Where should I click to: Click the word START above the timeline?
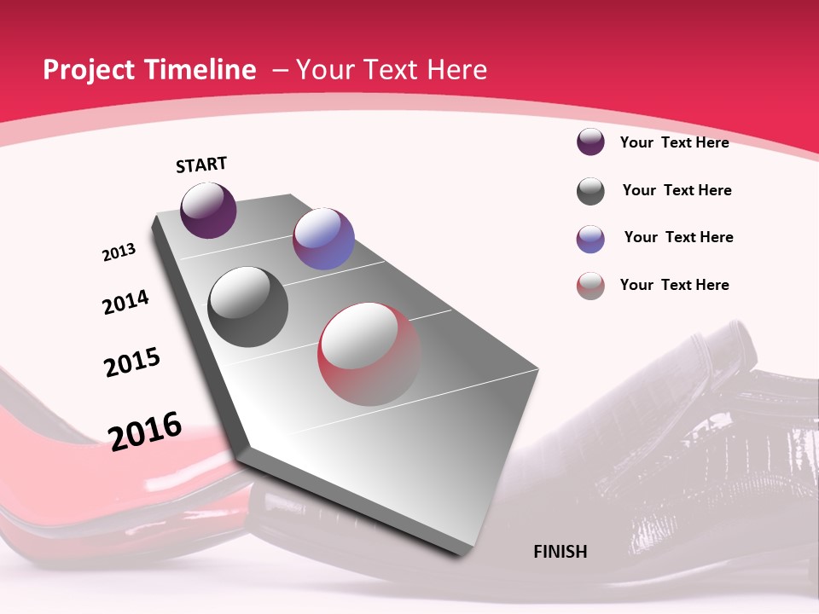tap(201, 165)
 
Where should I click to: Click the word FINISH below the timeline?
tap(561, 552)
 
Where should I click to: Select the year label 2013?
tap(119, 252)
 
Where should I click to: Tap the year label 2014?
tap(125, 302)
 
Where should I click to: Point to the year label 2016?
tap(145, 431)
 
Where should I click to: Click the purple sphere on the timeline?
tap(208, 211)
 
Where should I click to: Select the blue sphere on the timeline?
tap(323, 239)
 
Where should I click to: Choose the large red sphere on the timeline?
tap(369, 354)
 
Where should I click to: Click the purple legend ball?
tap(590, 142)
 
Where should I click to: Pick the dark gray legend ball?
tap(590, 191)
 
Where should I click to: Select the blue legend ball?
tap(590, 239)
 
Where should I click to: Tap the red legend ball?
tap(590, 286)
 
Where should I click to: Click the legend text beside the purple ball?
tap(674, 142)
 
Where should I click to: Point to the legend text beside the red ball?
tap(674, 285)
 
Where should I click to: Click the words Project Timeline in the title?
tap(149, 70)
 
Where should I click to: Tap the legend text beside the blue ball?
tap(678, 237)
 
